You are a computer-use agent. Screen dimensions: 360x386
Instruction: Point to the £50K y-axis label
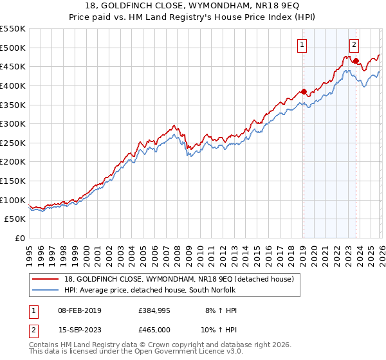tap(15, 219)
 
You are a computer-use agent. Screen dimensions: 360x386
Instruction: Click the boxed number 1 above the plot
tap(302, 45)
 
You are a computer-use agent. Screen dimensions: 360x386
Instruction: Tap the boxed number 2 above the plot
tap(354, 45)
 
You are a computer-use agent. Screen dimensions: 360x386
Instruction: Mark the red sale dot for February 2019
tap(304, 91)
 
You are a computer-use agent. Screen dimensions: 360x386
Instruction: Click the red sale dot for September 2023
tap(356, 61)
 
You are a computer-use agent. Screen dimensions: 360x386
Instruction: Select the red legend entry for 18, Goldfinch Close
tap(179, 279)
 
